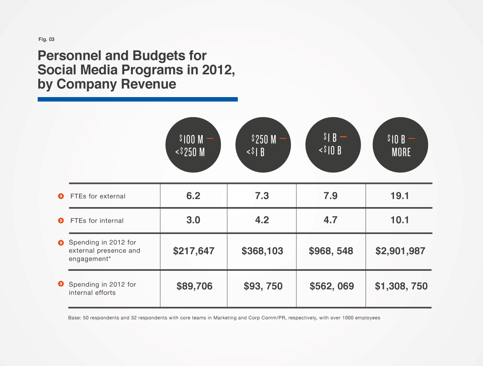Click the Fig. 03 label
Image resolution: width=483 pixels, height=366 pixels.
click(46, 39)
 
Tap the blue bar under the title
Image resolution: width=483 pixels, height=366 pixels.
click(138, 99)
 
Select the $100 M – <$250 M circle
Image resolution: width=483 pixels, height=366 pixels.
click(193, 145)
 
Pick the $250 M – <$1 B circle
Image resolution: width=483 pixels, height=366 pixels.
click(263, 145)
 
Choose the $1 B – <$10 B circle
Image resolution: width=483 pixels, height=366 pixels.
click(333, 145)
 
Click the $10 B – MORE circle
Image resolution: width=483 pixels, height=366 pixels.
click(400, 145)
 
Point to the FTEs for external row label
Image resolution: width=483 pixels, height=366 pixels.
click(98, 196)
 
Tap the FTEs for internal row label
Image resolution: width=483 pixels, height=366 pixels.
click(97, 221)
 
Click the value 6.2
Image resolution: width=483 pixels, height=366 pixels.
click(193, 196)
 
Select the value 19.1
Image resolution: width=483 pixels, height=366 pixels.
click(400, 196)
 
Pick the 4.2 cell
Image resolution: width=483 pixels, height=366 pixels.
click(262, 220)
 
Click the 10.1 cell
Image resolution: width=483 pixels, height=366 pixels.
click(400, 220)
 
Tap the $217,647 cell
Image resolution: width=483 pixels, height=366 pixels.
click(194, 251)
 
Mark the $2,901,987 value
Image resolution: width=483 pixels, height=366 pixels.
click(400, 251)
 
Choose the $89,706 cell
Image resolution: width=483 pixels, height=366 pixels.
click(194, 286)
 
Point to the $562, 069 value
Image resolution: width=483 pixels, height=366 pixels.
click(332, 286)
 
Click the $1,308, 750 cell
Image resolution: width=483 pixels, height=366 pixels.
click(401, 286)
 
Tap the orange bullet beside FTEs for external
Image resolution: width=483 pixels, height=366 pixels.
click(61, 196)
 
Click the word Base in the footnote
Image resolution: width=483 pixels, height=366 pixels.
click(74, 318)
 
